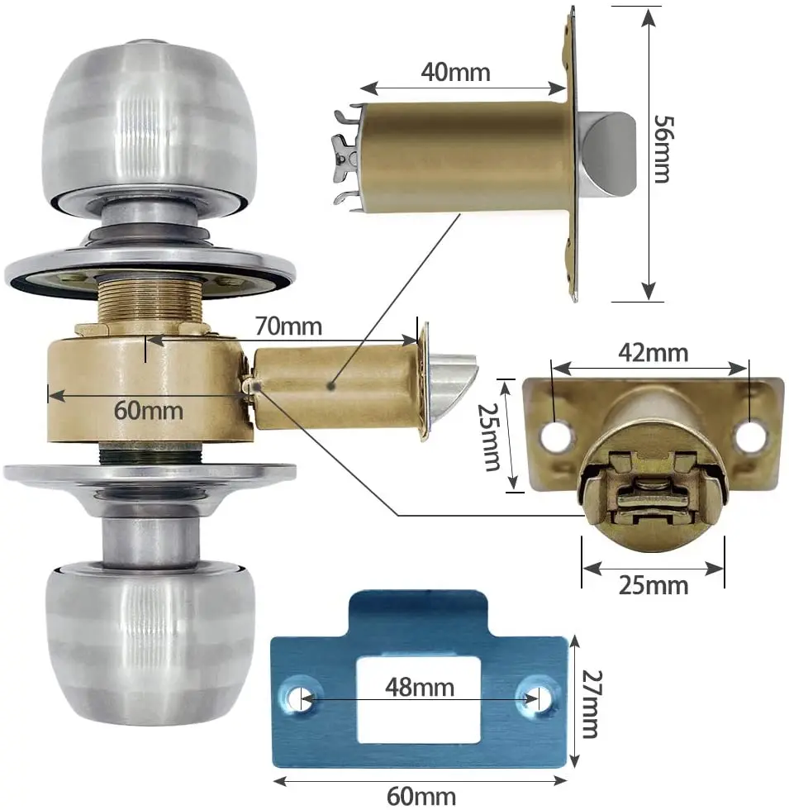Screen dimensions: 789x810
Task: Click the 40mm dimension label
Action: click(x=455, y=72)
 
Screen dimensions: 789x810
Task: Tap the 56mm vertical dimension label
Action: click(x=663, y=149)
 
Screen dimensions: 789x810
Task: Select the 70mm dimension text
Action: click(x=288, y=326)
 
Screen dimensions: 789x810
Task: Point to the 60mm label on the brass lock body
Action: click(x=149, y=411)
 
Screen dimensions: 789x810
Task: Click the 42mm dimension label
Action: click(x=654, y=354)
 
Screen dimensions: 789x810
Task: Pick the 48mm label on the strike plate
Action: click(x=420, y=688)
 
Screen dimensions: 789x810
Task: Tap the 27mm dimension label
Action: click(x=592, y=704)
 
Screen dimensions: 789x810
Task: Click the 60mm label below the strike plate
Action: click(x=421, y=796)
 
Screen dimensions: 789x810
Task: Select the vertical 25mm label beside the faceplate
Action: click(x=488, y=437)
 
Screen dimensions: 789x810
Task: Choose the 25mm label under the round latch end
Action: click(x=654, y=586)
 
